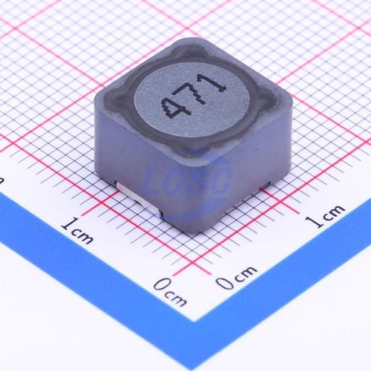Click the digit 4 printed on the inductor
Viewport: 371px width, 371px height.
pos(175,108)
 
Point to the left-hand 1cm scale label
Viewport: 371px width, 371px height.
pos(77,230)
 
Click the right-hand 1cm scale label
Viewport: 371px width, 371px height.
pos(324,216)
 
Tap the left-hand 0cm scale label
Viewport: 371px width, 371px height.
pos(171,292)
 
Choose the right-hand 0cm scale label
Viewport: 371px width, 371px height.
pos(236,277)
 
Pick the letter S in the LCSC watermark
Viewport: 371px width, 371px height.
pos(198,181)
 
